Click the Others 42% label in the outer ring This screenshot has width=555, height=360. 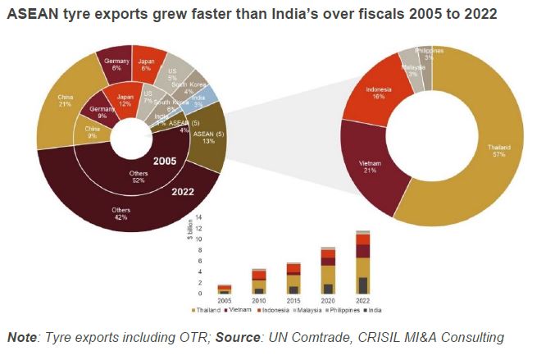pyautogui.click(x=121, y=214)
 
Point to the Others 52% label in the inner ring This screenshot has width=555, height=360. pyautogui.click(x=138, y=177)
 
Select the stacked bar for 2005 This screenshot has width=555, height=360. pyautogui.click(x=224, y=289)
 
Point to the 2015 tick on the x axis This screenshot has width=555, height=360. pyautogui.click(x=293, y=300)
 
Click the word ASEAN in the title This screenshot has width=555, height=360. pyautogui.click(x=30, y=16)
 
